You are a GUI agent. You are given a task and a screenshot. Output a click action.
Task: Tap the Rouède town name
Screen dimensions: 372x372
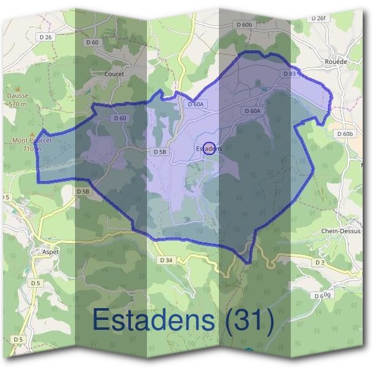336,63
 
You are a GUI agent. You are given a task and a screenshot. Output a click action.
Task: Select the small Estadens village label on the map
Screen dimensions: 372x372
208,149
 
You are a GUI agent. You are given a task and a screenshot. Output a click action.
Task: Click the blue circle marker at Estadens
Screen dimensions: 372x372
210,146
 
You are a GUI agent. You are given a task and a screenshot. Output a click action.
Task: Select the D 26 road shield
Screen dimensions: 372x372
45,38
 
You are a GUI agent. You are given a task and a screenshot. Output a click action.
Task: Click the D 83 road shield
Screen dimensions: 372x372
290,73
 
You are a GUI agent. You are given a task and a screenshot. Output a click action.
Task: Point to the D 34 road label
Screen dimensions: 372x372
166,260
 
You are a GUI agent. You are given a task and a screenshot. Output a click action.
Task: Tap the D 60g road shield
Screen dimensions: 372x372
322,296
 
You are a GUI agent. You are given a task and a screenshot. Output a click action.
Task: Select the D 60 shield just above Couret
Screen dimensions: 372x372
92,42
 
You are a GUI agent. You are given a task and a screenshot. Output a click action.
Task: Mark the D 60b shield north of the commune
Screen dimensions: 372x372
244,24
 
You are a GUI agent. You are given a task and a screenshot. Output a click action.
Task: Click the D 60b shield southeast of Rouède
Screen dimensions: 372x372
345,133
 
